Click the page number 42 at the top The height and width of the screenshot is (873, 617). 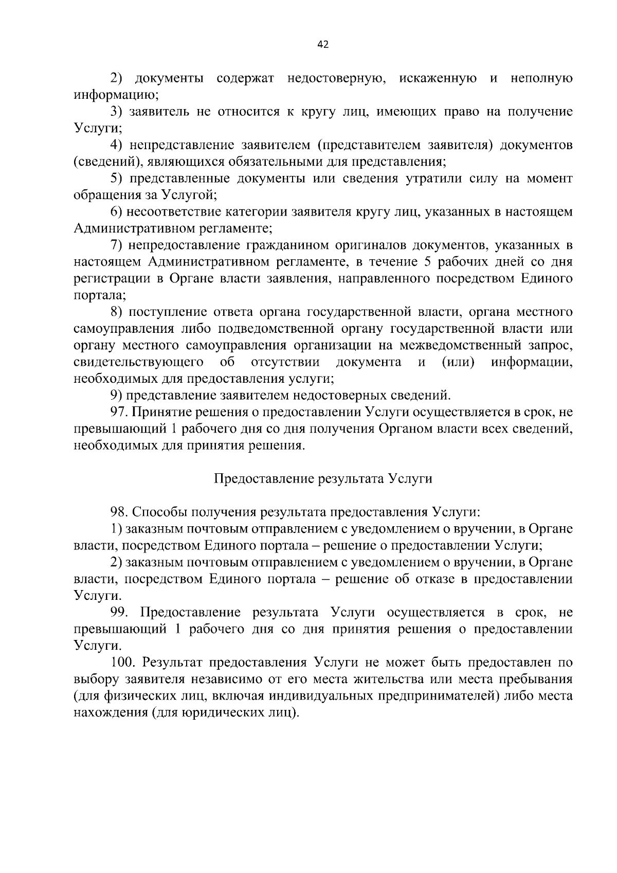(323, 44)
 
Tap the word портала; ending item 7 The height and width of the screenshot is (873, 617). (100, 295)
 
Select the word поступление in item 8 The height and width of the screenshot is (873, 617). (166, 312)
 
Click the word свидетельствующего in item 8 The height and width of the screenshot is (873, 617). (138, 362)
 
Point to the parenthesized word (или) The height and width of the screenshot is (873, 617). (458, 362)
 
